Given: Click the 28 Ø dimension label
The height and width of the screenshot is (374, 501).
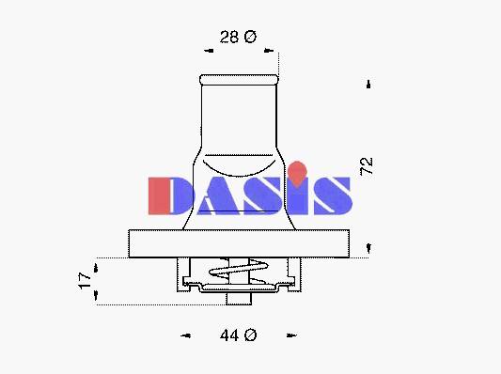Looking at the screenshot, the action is click(238, 37).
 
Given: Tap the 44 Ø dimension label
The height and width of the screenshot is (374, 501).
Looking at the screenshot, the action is click(238, 335).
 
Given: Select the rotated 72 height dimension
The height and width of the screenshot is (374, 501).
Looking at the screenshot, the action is click(367, 166).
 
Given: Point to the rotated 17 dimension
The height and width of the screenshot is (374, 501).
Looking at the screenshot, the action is click(85, 281).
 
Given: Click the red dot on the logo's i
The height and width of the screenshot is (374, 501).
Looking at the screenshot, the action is click(297, 173).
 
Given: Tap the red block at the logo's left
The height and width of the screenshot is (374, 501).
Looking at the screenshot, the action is click(159, 195).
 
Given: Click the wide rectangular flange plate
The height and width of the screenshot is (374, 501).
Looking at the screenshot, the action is click(239, 243).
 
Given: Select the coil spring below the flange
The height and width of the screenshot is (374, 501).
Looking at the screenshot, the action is click(238, 271).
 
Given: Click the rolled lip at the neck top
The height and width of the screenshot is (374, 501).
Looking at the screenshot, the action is click(239, 80).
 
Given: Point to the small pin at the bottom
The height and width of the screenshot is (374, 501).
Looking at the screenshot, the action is click(239, 299).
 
